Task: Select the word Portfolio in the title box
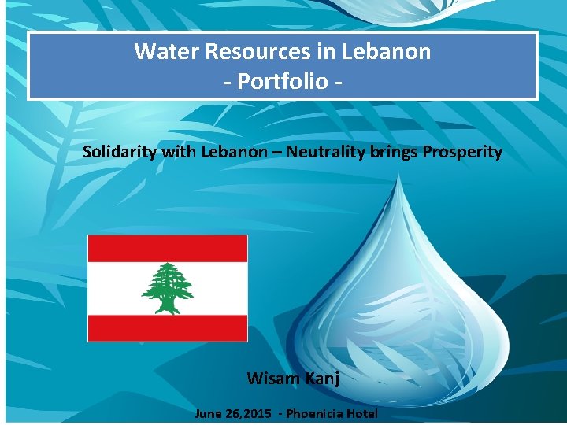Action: (282, 81)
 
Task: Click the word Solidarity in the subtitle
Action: (120, 152)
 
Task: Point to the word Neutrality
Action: (328, 152)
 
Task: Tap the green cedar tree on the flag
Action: (167, 288)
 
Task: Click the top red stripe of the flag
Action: (167, 248)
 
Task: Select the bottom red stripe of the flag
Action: (167, 328)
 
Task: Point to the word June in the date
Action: (209, 413)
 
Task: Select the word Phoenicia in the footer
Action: (314, 413)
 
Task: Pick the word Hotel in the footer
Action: (361, 413)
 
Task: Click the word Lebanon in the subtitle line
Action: (234, 152)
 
